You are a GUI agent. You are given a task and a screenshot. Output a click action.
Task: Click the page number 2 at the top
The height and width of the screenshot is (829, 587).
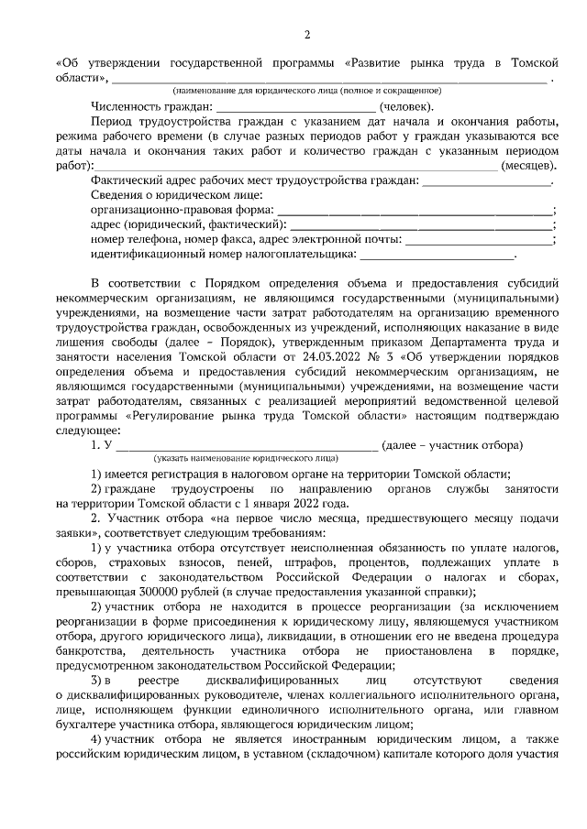tap(306, 35)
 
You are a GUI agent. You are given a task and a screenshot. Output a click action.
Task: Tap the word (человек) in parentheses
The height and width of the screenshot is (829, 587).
tap(408, 106)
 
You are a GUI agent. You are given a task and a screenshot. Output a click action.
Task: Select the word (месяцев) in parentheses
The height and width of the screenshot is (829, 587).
tap(528, 165)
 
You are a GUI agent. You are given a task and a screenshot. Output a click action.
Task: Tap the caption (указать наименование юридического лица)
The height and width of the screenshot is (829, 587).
tap(246, 457)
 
